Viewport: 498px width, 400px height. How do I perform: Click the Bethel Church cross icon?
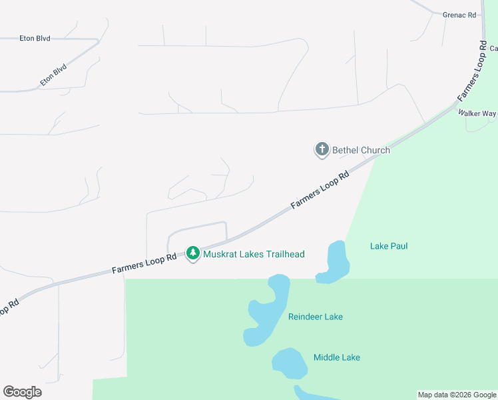pyautogui.click(x=322, y=150)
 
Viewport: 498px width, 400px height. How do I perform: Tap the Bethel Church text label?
pyautogui.click(x=362, y=150)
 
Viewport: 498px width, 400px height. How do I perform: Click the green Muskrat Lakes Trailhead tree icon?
pyautogui.click(x=193, y=253)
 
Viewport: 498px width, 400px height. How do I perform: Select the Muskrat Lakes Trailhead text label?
pyautogui.click(x=254, y=254)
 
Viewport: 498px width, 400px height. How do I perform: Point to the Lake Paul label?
pyautogui.click(x=389, y=246)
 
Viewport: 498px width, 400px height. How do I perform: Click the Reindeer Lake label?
pyautogui.click(x=316, y=317)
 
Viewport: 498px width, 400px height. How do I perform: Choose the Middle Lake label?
pyautogui.click(x=337, y=357)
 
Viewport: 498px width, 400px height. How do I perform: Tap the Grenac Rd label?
pyautogui.click(x=460, y=14)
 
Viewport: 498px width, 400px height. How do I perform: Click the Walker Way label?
pyautogui.click(x=477, y=113)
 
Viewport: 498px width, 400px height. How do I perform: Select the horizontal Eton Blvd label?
pyautogui.click(x=35, y=39)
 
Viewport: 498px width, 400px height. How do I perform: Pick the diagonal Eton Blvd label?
pyautogui.click(x=54, y=75)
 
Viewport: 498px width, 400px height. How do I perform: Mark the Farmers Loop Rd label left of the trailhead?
pyautogui.click(x=144, y=263)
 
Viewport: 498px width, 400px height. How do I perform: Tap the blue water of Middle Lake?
pyautogui.click(x=288, y=361)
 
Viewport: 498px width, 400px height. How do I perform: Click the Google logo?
pyautogui.click(x=22, y=391)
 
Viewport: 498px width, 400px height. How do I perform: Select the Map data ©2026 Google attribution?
pyautogui.click(x=456, y=395)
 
